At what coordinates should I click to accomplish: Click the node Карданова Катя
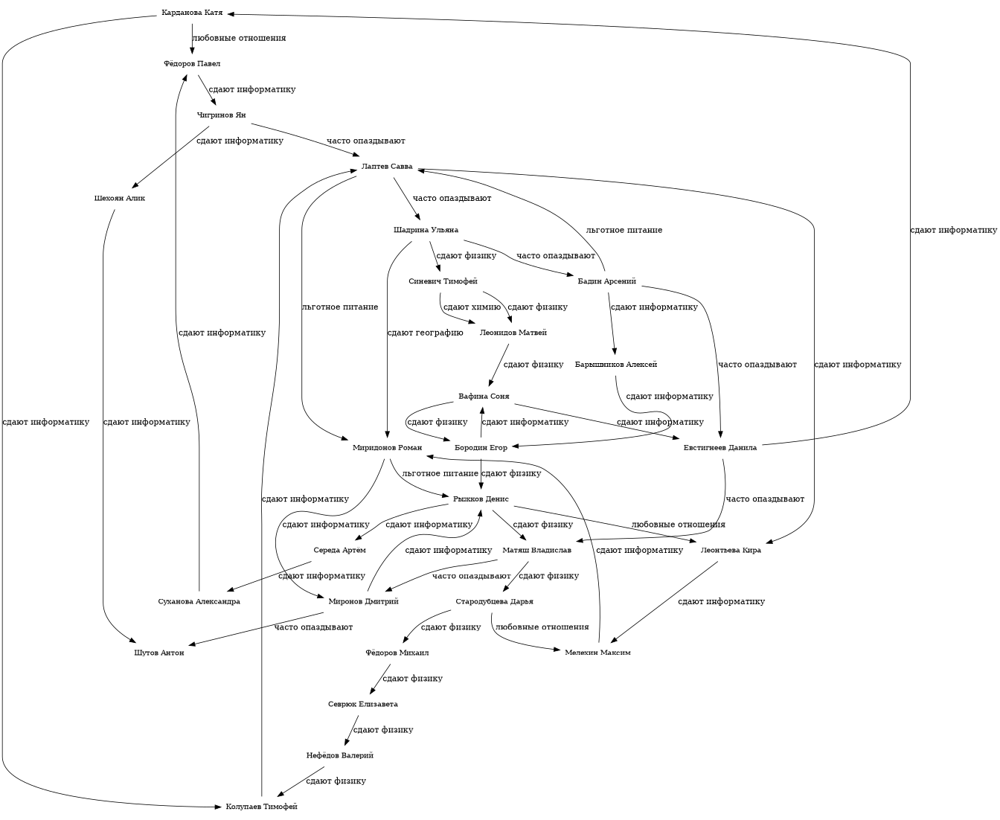192,13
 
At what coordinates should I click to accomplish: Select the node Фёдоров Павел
192,64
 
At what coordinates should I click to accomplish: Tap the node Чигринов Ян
221,115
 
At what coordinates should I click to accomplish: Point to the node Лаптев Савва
387,166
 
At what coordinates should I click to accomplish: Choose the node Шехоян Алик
120,199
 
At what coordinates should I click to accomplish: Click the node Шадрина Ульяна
426,230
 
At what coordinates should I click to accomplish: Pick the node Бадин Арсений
606,281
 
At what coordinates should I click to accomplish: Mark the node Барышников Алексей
616,365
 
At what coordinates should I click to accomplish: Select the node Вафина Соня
484,396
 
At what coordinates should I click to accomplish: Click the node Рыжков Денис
481,499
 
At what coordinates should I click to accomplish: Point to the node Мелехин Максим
597,653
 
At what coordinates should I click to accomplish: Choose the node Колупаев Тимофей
261,807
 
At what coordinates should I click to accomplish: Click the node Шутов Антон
159,653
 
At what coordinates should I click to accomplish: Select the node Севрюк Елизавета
363,704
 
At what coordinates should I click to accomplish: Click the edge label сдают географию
425,333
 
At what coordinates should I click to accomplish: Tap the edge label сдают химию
472,307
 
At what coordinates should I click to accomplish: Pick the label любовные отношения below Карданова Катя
239,38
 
